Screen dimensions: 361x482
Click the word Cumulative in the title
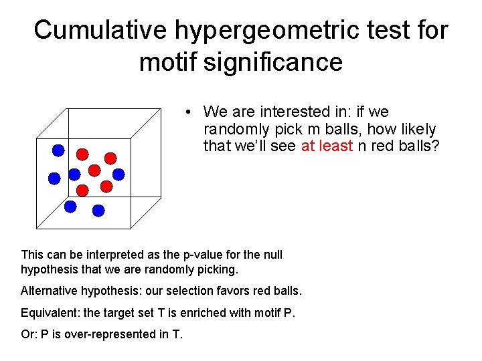pyautogui.click(x=100, y=30)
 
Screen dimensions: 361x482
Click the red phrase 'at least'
pyautogui.click(x=327, y=146)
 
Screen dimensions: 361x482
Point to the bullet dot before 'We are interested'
pyautogui.click(x=190, y=112)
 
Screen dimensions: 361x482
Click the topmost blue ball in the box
pyautogui.click(x=59, y=150)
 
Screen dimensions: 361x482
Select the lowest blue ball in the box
pyautogui.click(x=98, y=211)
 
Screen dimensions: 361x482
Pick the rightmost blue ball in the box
pyautogui.click(x=118, y=174)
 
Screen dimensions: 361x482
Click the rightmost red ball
pyautogui.click(x=110, y=158)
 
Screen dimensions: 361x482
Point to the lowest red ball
pyautogui.click(x=82, y=190)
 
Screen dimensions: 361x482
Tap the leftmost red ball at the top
pyautogui.click(x=82, y=154)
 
